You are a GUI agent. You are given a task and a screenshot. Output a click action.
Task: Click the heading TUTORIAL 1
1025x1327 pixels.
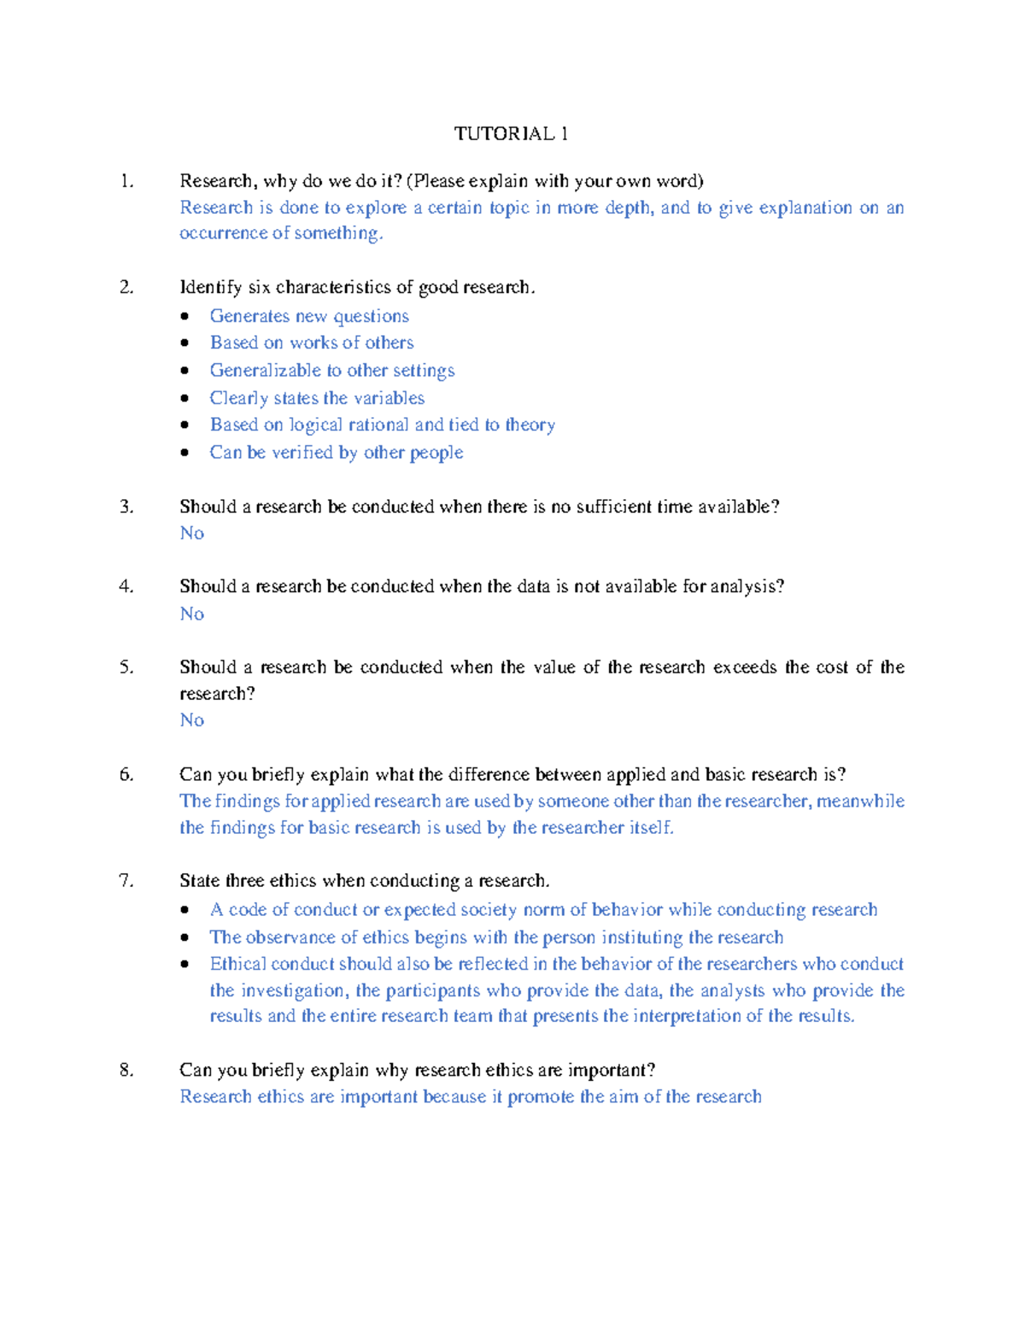(x=511, y=133)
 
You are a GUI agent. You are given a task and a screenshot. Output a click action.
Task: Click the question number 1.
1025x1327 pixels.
(x=126, y=180)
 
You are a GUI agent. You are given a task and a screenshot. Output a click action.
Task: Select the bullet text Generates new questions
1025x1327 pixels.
(x=309, y=316)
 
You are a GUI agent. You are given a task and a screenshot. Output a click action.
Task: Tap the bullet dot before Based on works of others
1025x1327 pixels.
(x=185, y=343)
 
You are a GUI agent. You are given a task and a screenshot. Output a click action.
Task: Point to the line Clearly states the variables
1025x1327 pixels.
(x=317, y=398)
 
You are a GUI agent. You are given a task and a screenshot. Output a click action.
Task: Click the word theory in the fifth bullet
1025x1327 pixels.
(x=530, y=425)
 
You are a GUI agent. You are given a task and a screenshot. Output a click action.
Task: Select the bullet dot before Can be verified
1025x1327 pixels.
(x=185, y=453)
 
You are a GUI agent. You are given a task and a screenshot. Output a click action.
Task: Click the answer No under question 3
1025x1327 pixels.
(x=192, y=533)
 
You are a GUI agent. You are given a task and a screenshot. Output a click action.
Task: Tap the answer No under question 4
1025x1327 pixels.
(x=192, y=614)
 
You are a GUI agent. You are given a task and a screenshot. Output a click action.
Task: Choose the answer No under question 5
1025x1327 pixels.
(x=192, y=720)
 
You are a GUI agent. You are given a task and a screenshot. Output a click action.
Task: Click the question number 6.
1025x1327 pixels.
(x=126, y=775)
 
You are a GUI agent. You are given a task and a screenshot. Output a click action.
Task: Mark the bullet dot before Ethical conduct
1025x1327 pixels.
(x=185, y=965)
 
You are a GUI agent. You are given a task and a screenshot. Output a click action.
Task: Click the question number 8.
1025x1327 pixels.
(x=126, y=1070)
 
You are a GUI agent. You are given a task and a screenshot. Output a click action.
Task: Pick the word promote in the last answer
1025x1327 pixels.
(x=541, y=1097)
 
